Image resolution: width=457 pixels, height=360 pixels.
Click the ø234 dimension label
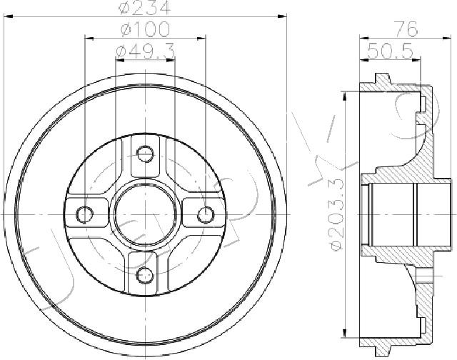144,7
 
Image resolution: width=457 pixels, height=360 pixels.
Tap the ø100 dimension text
145,29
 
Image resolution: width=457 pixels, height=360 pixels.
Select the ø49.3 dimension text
145,51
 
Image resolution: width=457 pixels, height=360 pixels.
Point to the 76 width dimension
406,29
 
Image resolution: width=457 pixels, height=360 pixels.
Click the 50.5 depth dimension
391,51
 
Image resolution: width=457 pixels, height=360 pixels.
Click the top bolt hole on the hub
145,154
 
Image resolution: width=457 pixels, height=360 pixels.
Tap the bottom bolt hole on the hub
145,274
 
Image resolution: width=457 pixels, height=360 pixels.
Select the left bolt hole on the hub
84,214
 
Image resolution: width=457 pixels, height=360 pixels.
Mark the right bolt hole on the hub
206,214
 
